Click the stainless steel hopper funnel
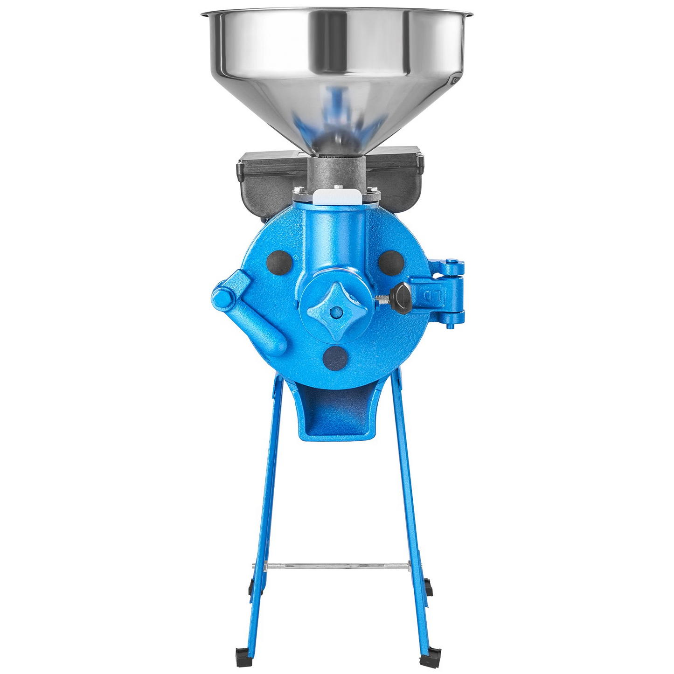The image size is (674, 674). click(337, 70)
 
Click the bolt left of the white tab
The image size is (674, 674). click(300, 189)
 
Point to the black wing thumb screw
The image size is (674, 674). click(400, 299)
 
